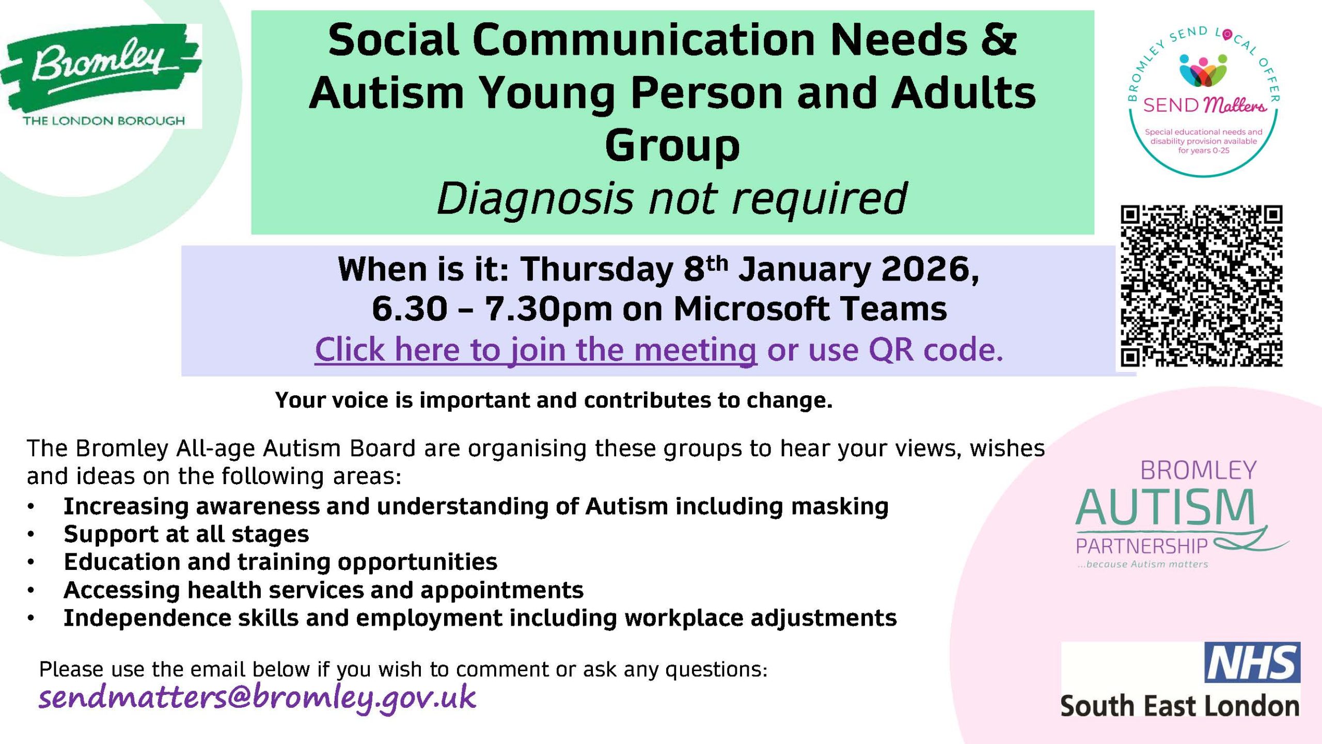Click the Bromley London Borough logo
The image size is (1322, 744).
(101, 76)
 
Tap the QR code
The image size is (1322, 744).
(1202, 286)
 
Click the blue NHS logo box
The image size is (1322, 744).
(1252, 662)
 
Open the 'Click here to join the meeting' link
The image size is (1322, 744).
(536, 350)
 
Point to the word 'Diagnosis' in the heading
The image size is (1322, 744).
(534, 199)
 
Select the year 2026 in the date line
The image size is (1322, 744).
(930, 270)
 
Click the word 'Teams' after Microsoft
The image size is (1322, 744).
(893, 309)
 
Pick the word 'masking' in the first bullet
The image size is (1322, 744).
(840, 507)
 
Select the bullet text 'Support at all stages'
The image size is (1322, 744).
(186, 534)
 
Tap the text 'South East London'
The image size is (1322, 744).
(1180, 706)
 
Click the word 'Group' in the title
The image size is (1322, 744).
(672, 146)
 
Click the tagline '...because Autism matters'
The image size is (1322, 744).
(1143, 564)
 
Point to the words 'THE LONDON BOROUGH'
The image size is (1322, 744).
(103, 121)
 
